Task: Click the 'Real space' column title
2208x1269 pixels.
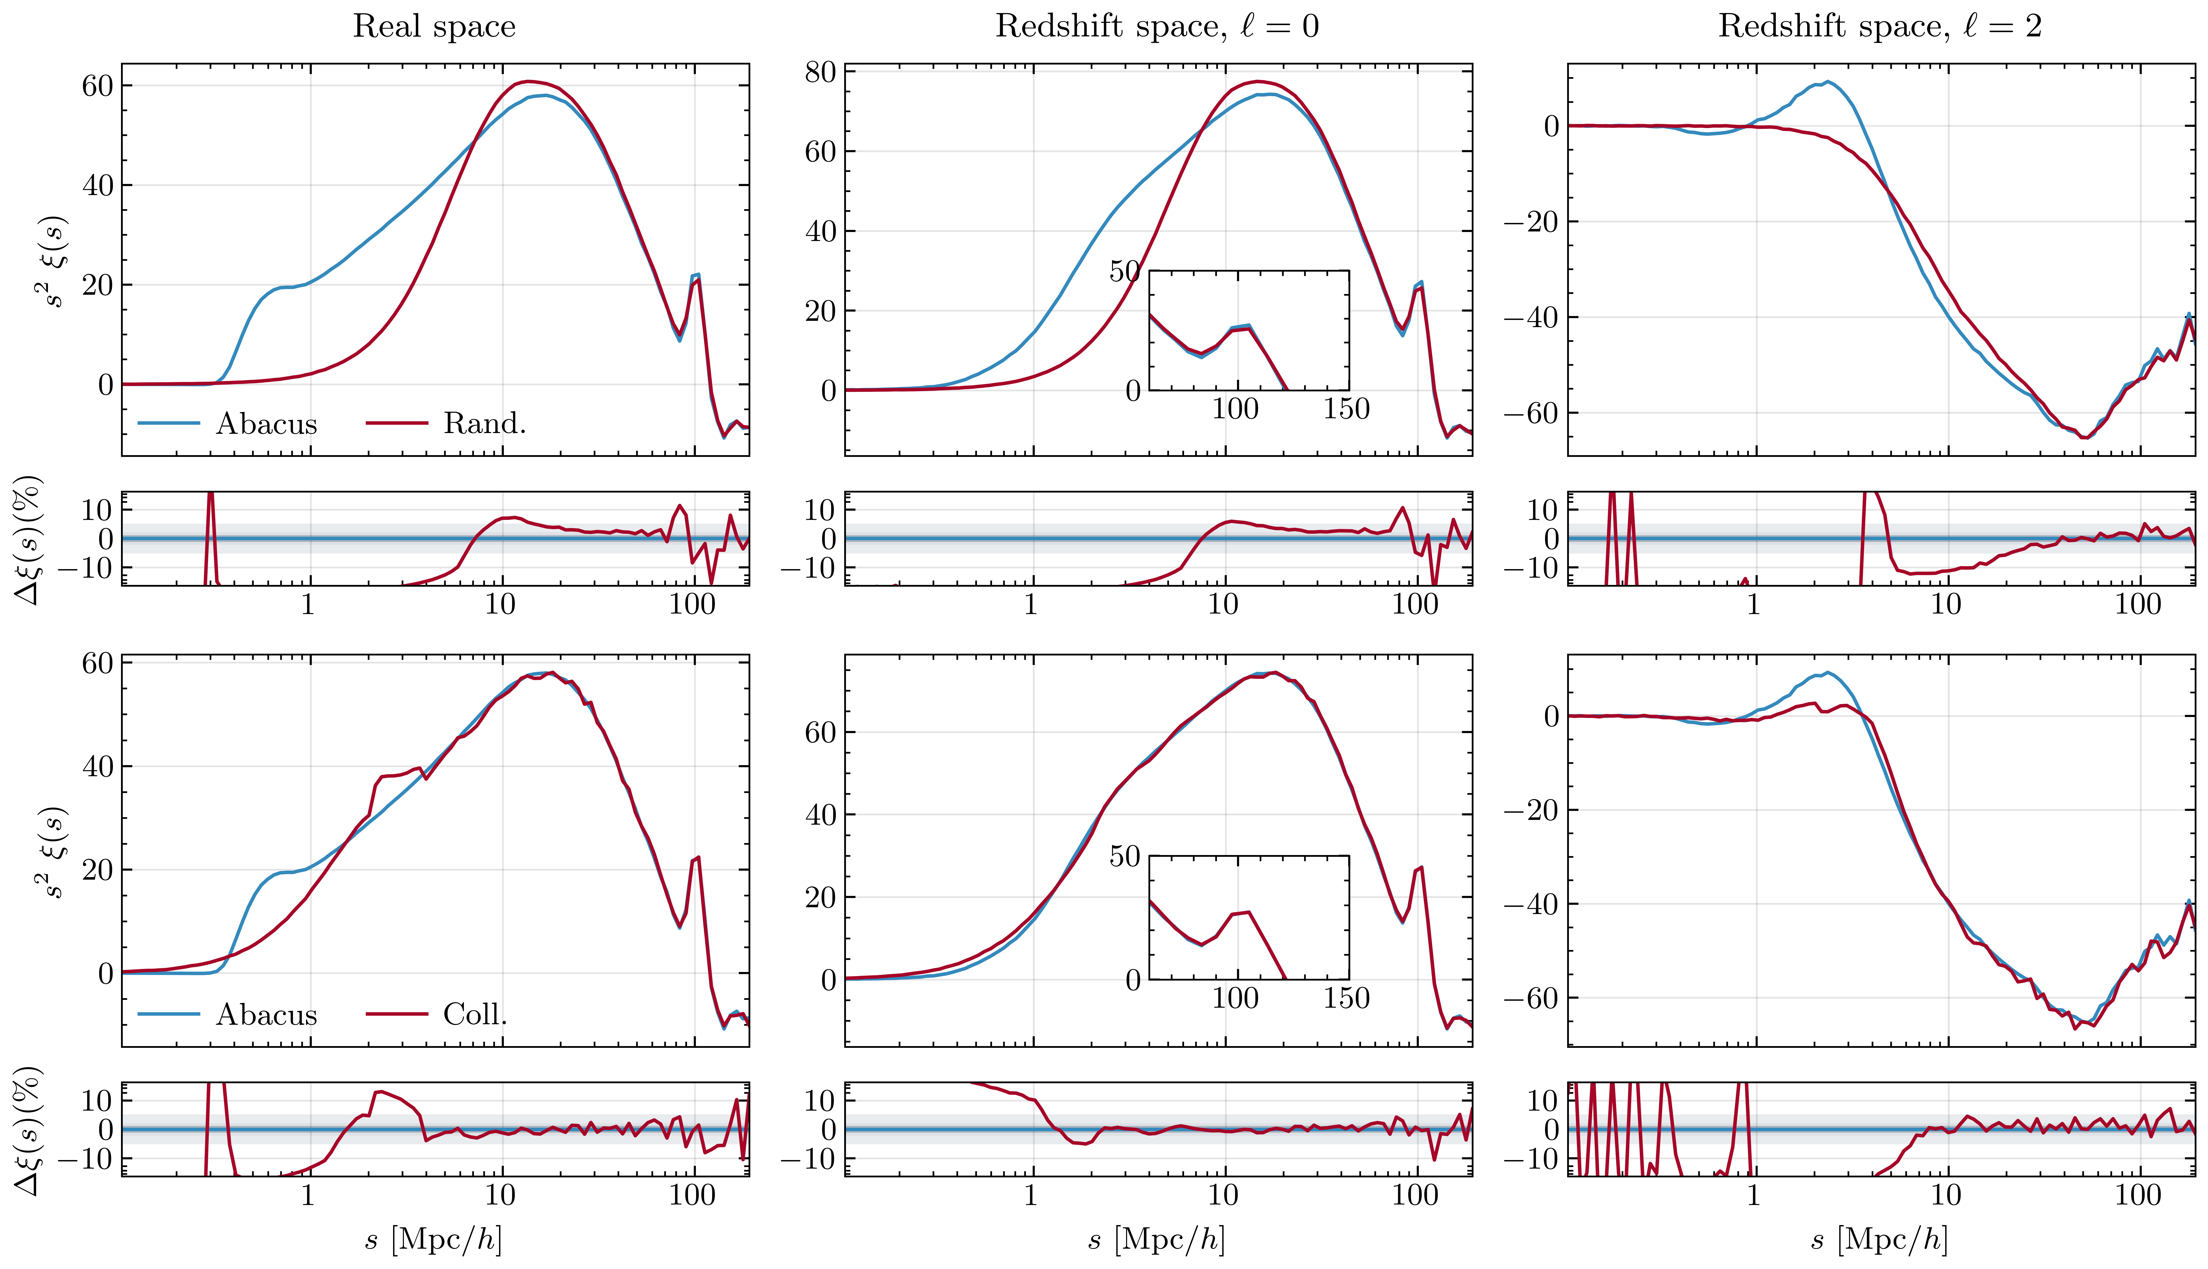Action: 434,26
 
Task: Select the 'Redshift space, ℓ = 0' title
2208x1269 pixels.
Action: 1157,26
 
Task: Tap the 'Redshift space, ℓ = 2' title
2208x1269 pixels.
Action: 1880,26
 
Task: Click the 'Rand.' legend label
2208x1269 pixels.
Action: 484,424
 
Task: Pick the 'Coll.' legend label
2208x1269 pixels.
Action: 475,1014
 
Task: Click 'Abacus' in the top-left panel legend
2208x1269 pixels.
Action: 267,424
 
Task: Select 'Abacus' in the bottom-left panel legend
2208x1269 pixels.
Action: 267,1014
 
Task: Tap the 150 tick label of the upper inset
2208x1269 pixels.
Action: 1346,409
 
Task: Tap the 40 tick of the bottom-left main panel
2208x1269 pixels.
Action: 98,767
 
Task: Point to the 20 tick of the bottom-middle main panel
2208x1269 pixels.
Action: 821,898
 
